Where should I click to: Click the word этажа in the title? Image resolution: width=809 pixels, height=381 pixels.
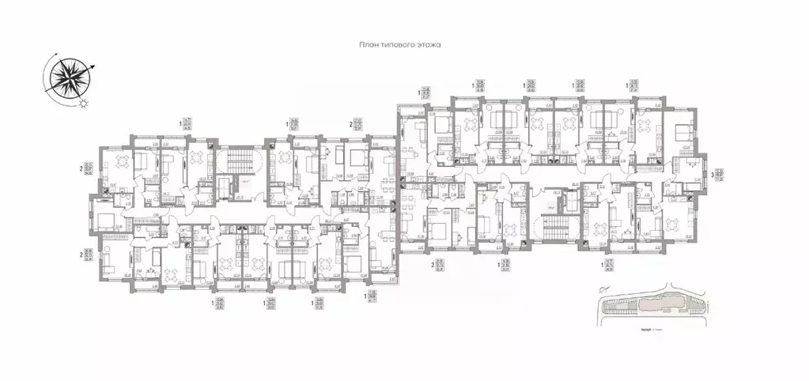(425, 47)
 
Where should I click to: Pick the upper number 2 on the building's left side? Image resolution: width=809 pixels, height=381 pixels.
(81, 168)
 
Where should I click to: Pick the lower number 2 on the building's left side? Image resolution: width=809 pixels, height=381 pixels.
(81, 255)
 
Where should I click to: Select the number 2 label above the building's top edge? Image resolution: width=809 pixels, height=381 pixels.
(350, 124)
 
